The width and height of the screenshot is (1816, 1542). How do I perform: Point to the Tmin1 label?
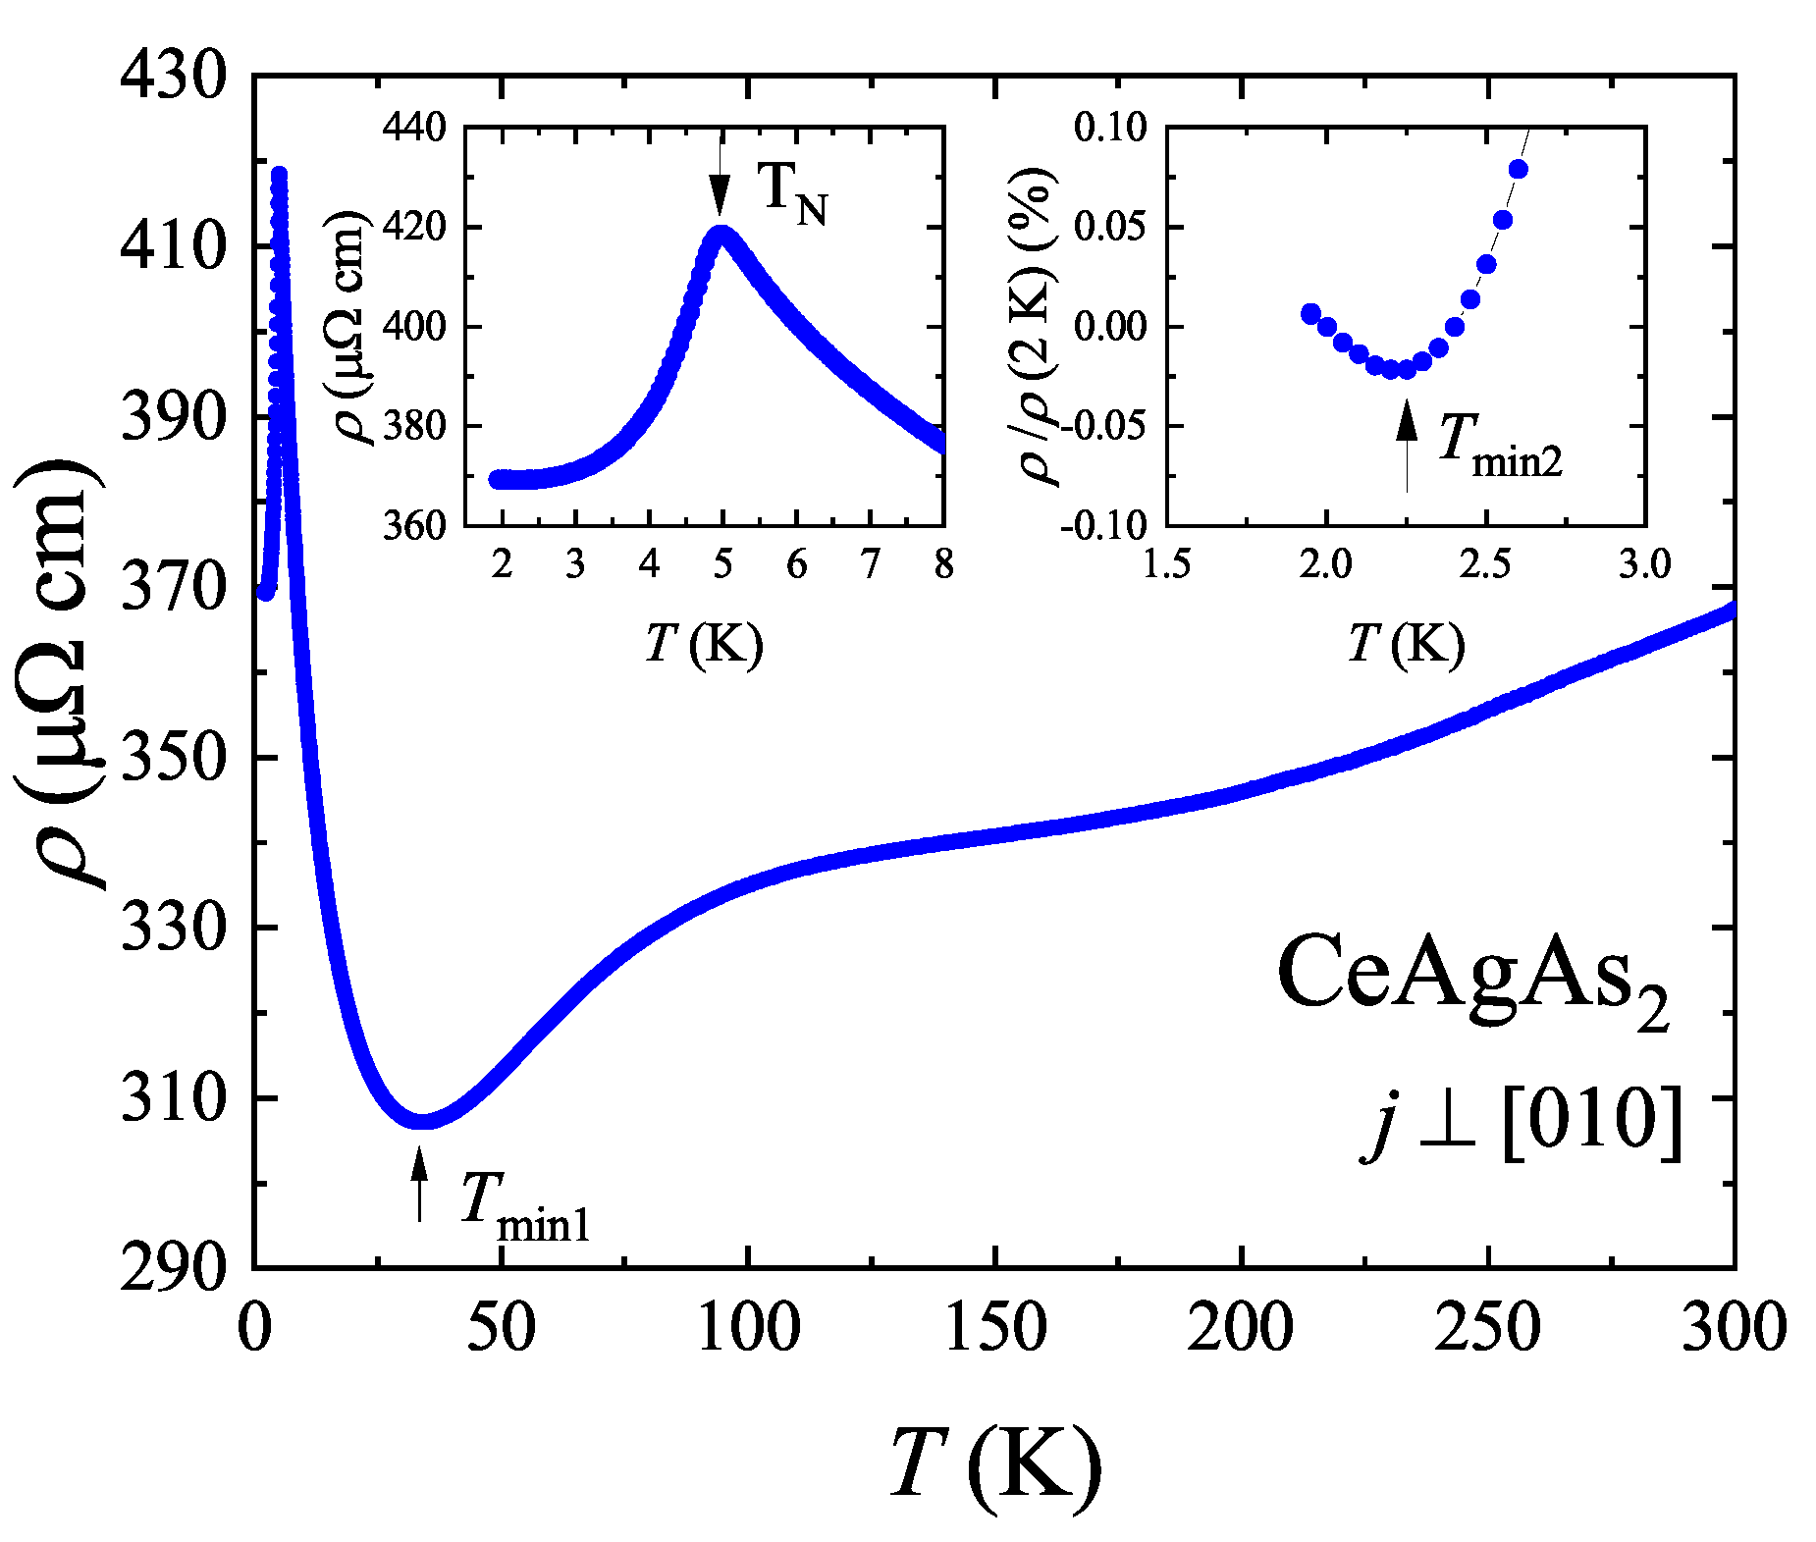525,1206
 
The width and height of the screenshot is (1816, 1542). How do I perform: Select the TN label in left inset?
793,193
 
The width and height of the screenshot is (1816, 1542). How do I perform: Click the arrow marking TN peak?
721,177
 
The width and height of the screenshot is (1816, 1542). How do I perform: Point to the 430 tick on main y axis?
173,76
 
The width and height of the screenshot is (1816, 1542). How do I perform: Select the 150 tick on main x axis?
995,1327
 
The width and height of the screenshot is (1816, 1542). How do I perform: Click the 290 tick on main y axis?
173,1267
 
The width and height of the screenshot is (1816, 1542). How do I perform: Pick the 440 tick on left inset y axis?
413,128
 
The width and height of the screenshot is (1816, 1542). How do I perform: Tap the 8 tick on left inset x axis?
943,565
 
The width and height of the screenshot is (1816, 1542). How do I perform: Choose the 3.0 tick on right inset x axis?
1644,565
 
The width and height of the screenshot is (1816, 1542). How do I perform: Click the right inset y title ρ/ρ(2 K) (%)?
1038,327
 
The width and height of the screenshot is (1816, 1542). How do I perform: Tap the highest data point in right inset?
1519,170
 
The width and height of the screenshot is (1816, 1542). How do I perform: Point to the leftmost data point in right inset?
1310,314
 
